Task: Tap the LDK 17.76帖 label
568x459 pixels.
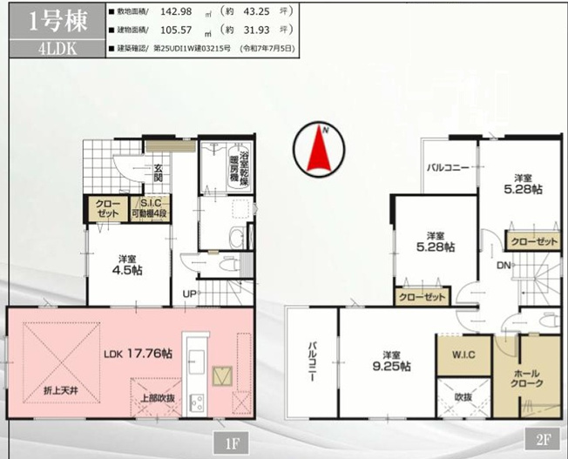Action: (138, 354)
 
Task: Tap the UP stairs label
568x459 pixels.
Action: (189, 293)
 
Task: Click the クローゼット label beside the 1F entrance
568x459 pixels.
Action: (103, 209)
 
